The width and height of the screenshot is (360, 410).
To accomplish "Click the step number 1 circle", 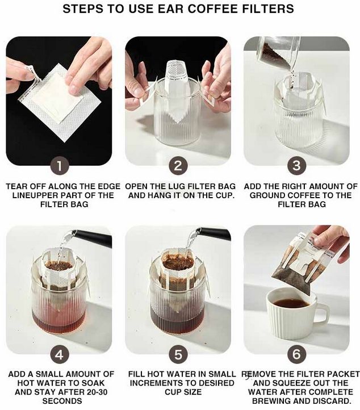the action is pyautogui.click(x=60, y=166).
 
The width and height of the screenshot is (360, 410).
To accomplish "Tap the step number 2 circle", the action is pyautogui.click(x=178, y=166).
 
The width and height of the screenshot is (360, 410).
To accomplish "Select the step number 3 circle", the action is pyautogui.click(x=297, y=166).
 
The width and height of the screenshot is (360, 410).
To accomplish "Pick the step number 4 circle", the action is pyautogui.click(x=60, y=355).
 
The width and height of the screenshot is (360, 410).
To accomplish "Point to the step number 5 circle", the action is pyautogui.click(x=178, y=355).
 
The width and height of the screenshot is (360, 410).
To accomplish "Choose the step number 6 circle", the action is pyautogui.click(x=297, y=355).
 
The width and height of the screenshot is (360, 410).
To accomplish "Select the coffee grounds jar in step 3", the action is pyautogui.click(x=278, y=52).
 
